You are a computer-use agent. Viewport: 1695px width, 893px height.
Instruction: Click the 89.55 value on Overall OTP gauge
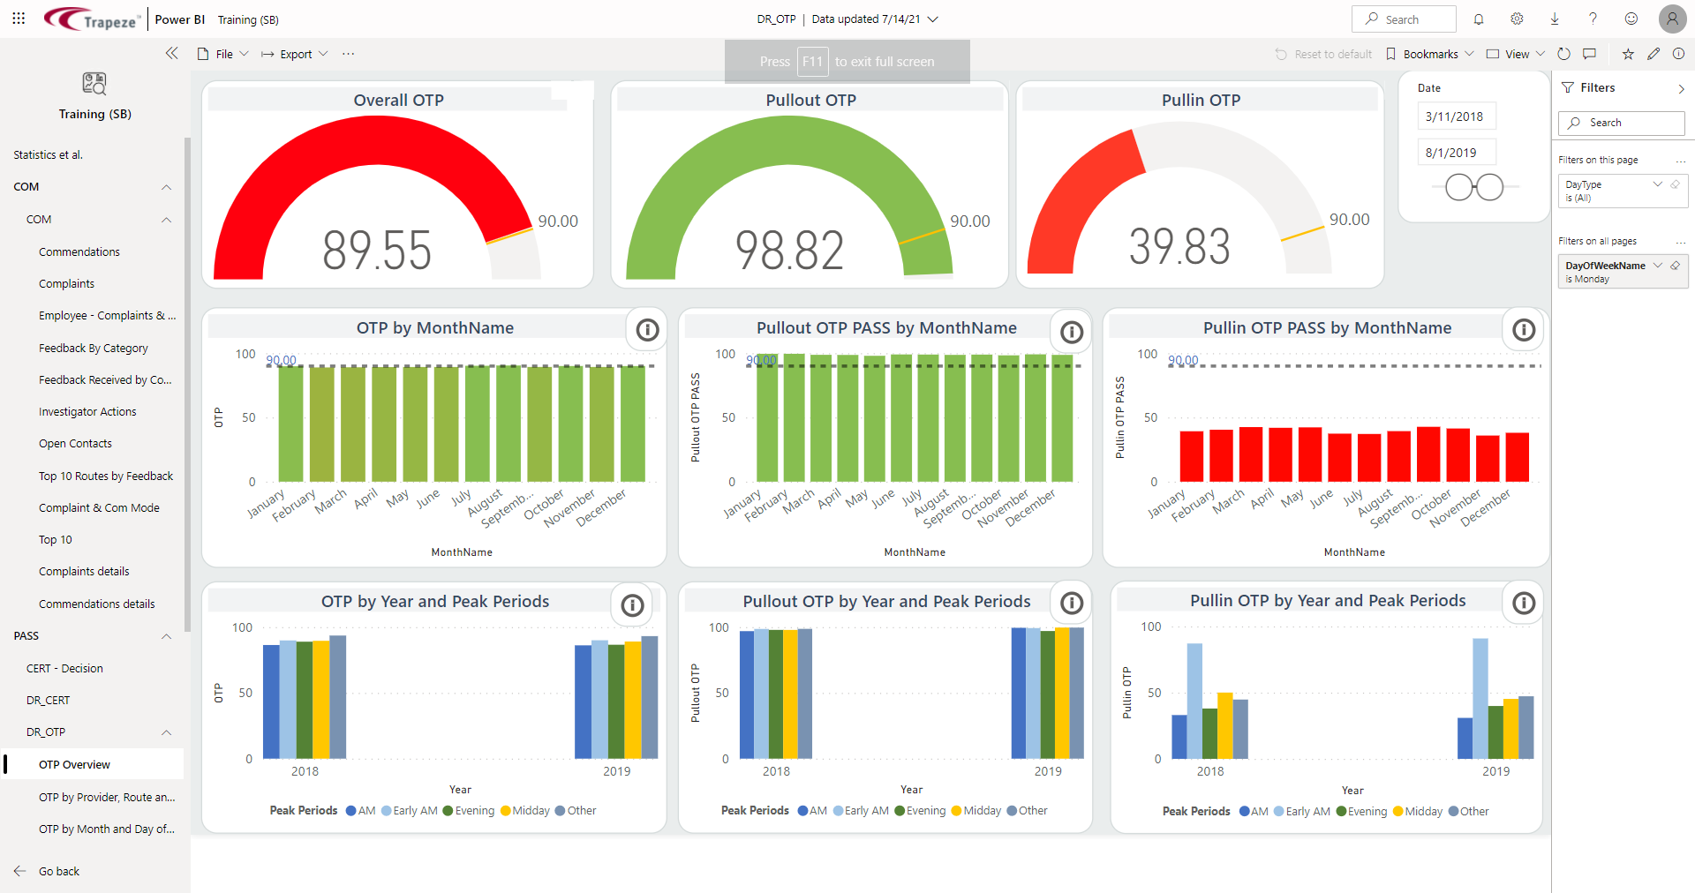tap(377, 250)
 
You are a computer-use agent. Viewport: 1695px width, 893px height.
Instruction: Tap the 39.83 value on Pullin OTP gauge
tap(1179, 246)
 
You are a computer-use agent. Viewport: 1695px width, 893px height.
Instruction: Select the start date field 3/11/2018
tap(1454, 116)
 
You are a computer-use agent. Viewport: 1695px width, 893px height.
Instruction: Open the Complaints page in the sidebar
tap(66, 284)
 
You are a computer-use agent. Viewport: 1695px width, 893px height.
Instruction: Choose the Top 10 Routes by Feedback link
tap(106, 477)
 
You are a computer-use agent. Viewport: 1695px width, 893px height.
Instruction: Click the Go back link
tap(58, 872)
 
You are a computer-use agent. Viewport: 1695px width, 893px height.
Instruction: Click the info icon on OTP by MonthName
tap(648, 330)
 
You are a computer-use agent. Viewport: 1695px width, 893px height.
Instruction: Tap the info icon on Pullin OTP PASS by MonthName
tap(1524, 330)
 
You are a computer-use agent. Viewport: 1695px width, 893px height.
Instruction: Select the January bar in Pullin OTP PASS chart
tap(1191, 456)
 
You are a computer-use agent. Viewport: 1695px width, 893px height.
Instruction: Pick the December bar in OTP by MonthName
tap(632, 424)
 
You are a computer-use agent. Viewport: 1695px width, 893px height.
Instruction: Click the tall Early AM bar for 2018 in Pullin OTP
tap(1194, 701)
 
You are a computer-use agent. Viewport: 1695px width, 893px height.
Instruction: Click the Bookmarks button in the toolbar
tap(1429, 55)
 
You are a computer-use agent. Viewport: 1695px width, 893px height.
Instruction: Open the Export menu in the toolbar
tap(295, 55)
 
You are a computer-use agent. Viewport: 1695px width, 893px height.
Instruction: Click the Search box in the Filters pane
tap(1622, 124)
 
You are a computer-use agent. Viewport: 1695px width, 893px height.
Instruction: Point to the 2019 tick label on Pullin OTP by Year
tap(1495, 771)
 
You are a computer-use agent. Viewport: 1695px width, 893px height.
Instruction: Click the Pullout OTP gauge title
tap(810, 101)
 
